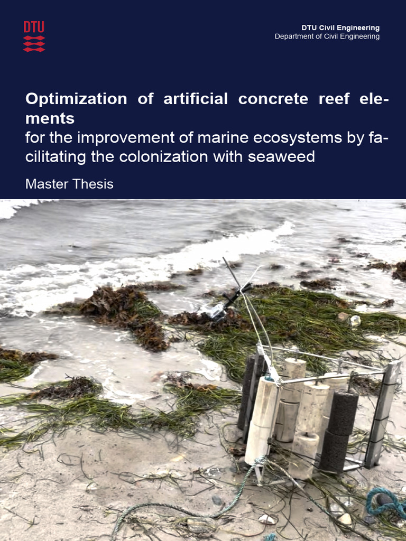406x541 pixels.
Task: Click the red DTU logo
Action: (x=34, y=36)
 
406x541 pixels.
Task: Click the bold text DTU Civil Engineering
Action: (x=340, y=27)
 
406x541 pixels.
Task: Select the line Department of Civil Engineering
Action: (x=327, y=36)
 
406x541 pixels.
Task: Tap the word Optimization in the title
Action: (x=76, y=99)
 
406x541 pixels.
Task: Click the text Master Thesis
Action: (x=69, y=184)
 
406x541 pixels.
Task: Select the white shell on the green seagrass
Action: (x=354, y=320)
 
